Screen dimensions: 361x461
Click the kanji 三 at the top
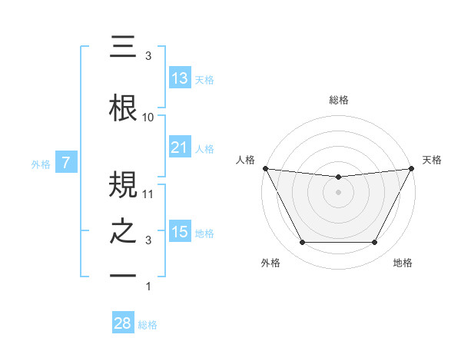coord(124,47)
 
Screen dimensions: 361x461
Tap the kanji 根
coord(124,108)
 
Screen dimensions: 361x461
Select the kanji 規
coord(124,184)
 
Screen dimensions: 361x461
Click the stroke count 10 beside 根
coord(148,118)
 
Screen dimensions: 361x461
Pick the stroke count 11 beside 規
coord(148,194)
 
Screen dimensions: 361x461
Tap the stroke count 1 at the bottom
coord(148,286)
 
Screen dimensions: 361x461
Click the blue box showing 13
coord(179,78)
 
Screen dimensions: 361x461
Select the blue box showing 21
coord(179,147)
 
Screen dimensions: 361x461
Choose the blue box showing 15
coord(179,232)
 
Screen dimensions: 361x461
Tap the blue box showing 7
coord(67,163)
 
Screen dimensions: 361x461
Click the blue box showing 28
coord(123,323)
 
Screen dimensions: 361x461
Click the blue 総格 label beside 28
coord(148,325)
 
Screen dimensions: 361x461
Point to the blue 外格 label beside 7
coord(41,164)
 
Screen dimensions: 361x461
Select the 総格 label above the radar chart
coord(338,100)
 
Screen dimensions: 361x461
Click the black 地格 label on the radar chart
coord(403,263)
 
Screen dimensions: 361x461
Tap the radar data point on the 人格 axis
coord(264,168)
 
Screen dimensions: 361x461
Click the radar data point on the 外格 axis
coord(302,243)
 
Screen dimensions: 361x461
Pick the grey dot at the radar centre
coord(338,192)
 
